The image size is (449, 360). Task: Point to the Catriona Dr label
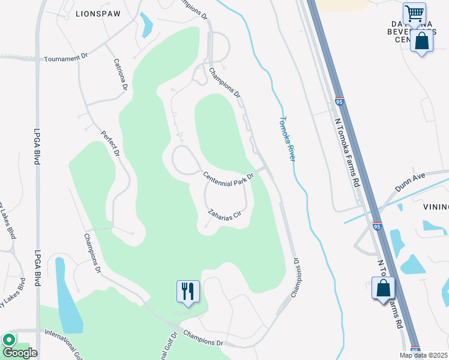121,74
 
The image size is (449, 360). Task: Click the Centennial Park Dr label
229,178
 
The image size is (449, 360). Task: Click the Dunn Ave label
410,182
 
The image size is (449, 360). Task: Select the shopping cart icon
414,13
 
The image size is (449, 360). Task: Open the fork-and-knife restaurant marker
188,292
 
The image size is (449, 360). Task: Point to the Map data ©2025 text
424,355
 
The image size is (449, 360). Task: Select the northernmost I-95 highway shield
339,103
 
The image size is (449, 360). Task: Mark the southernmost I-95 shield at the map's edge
415,350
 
